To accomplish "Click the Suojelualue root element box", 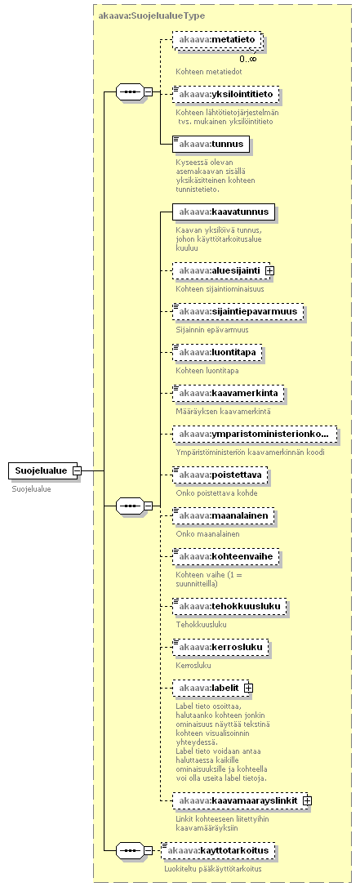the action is pos(43,470).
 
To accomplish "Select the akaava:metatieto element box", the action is pos(218,39).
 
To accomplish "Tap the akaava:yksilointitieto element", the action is pos(225,94).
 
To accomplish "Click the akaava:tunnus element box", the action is pos(211,144).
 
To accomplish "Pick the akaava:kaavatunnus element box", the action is pos(224,212).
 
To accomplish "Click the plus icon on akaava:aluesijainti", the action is pos(269,270).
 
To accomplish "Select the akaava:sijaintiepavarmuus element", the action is pos(238,311).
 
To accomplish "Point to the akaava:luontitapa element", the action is pos(217,352).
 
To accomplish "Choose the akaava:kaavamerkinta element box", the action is pos(229,393).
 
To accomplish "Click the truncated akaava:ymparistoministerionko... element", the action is pos(255,434).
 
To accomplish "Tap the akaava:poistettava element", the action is pos(220,475).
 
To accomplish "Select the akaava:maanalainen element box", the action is pos(224,515).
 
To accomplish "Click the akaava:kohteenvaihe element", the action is pos(226,556).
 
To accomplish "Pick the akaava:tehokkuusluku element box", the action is pos(229,606).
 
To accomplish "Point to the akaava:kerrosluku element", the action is pos(220,647).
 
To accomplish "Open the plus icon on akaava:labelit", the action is pos(248,688).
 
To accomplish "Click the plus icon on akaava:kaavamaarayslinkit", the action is pos(308,800).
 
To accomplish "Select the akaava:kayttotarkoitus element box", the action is pos(218,850).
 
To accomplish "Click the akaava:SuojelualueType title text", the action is pos(152,16).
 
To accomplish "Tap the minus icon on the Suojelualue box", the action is pos(77,470).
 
